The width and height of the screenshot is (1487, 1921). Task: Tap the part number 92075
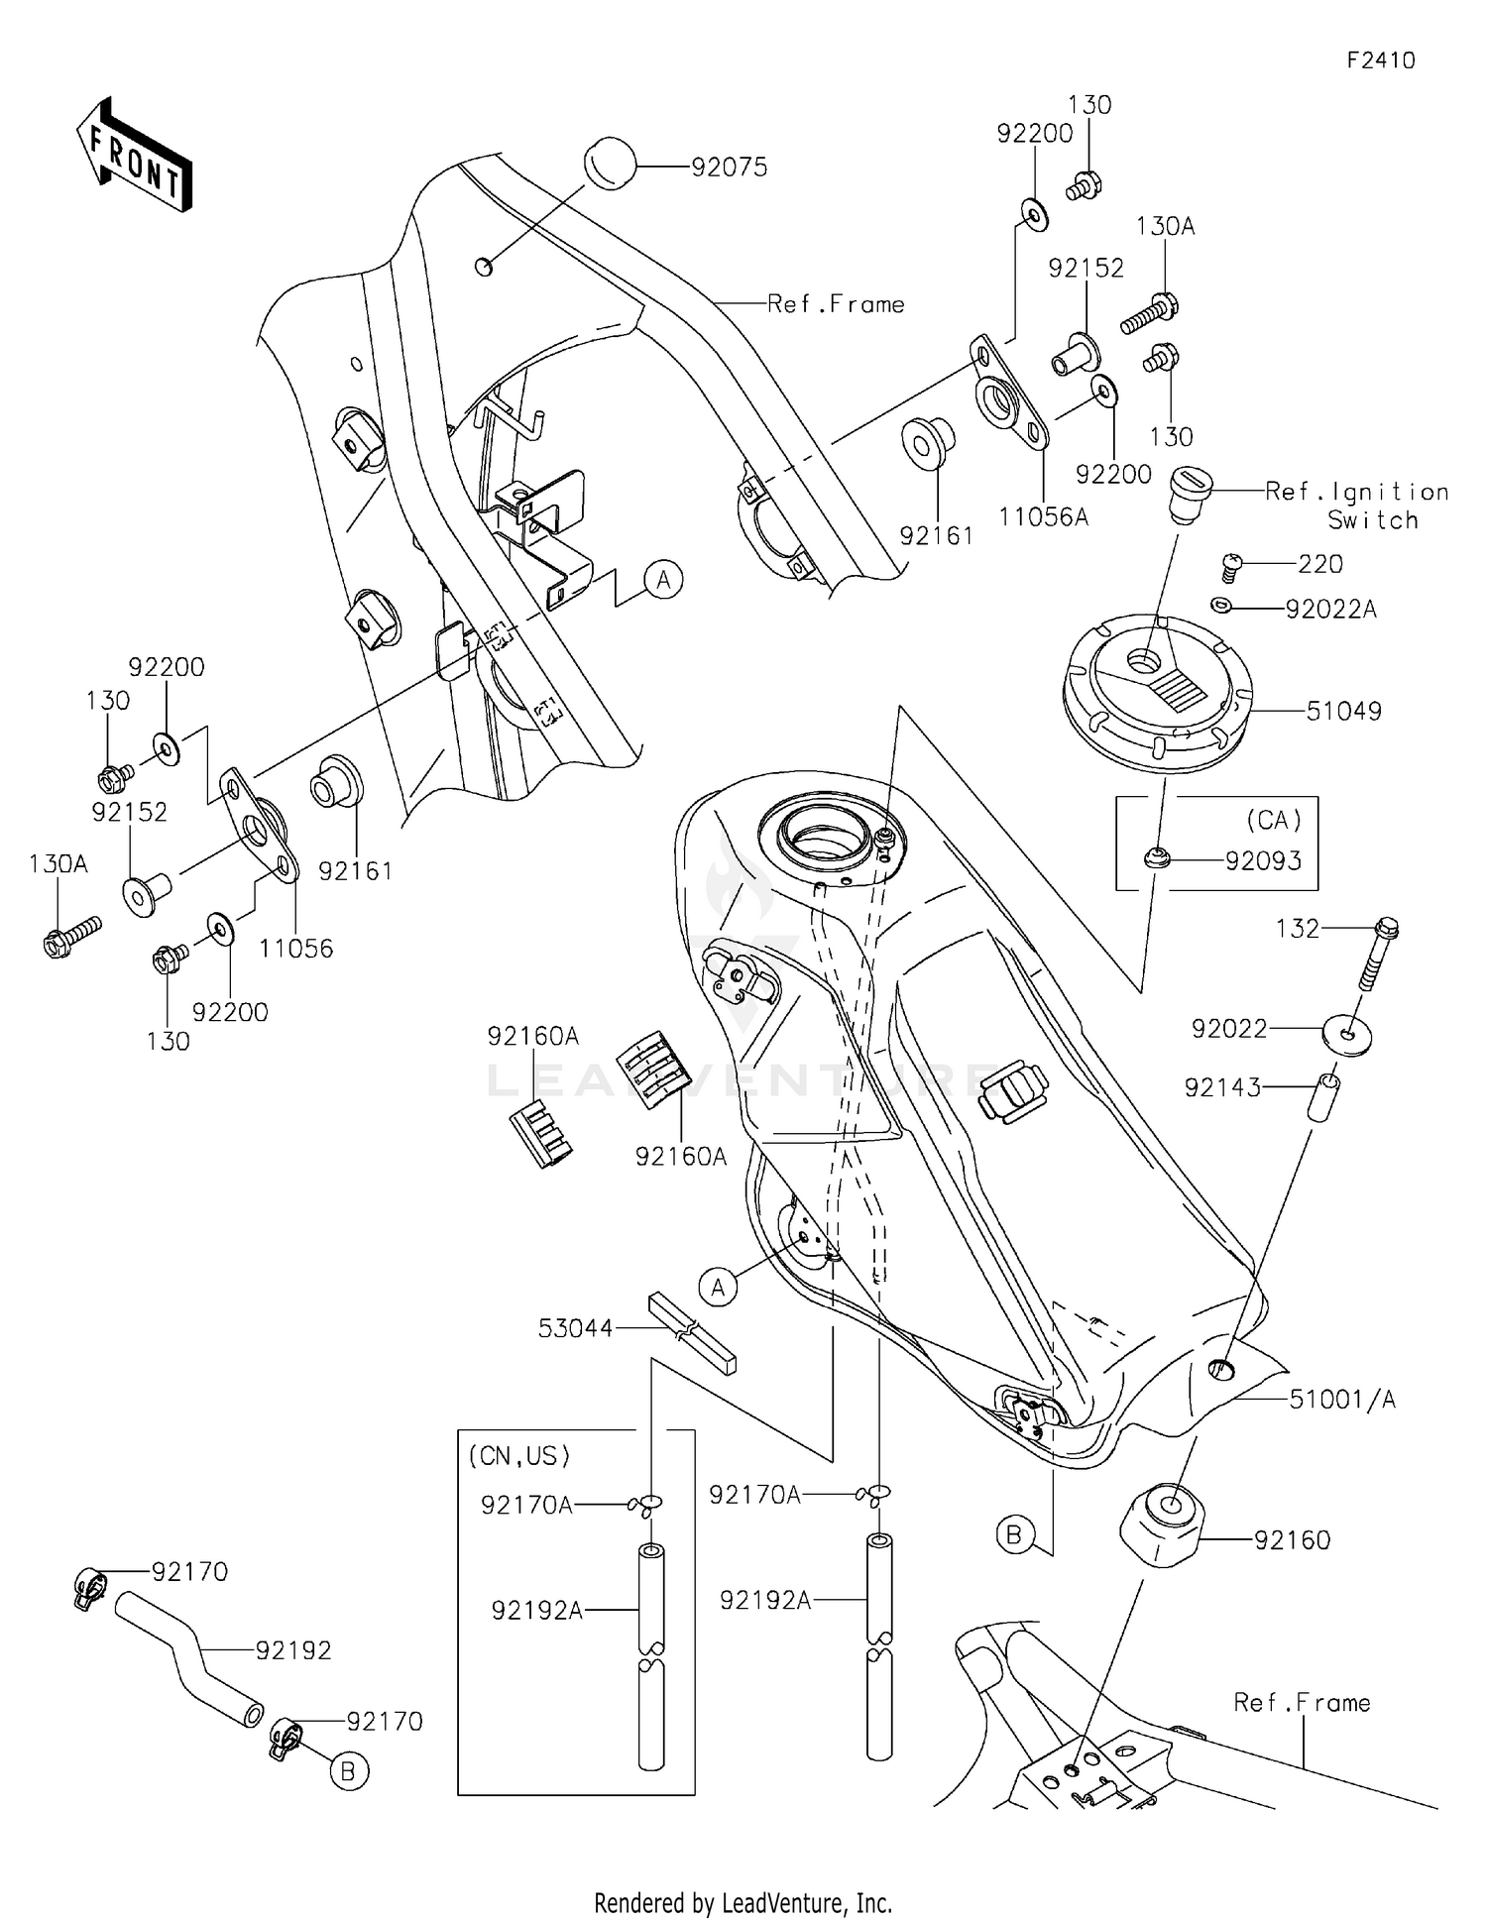729,168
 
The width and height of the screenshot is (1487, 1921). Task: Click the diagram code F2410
1381,60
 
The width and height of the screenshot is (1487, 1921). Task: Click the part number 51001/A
1341,1399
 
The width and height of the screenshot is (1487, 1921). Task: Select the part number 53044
575,1328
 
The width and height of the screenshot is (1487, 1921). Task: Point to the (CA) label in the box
1274,820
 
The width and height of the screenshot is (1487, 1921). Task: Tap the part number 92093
1263,861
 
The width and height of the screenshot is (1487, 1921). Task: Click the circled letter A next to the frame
663,578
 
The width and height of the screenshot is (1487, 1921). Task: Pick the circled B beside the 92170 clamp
348,1770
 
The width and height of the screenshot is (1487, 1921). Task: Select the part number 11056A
1043,516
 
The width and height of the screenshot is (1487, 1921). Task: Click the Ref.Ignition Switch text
1356,505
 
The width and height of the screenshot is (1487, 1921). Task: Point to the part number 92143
1222,1087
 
